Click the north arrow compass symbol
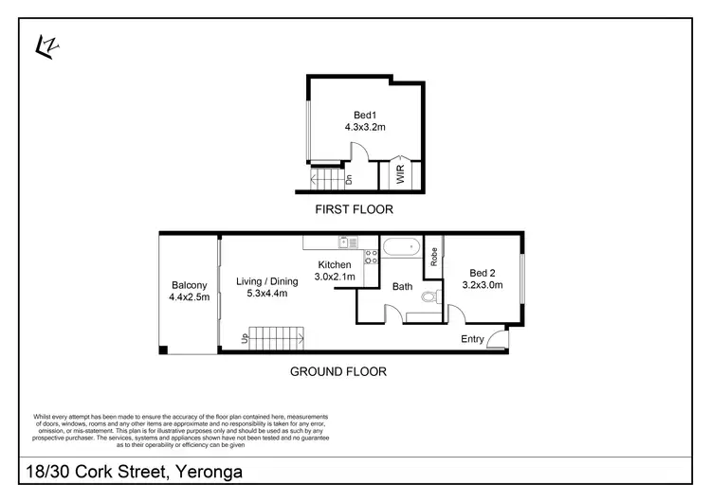point(44,45)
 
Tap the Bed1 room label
point(364,117)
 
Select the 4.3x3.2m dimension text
point(364,130)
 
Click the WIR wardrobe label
point(400,175)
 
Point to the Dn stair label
point(349,178)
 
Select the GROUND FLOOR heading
point(337,372)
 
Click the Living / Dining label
point(266,280)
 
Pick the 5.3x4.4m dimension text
point(266,294)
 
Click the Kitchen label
point(336,264)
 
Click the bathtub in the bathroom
point(400,248)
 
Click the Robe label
point(434,256)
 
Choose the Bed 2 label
point(482,271)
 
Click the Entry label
point(472,339)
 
